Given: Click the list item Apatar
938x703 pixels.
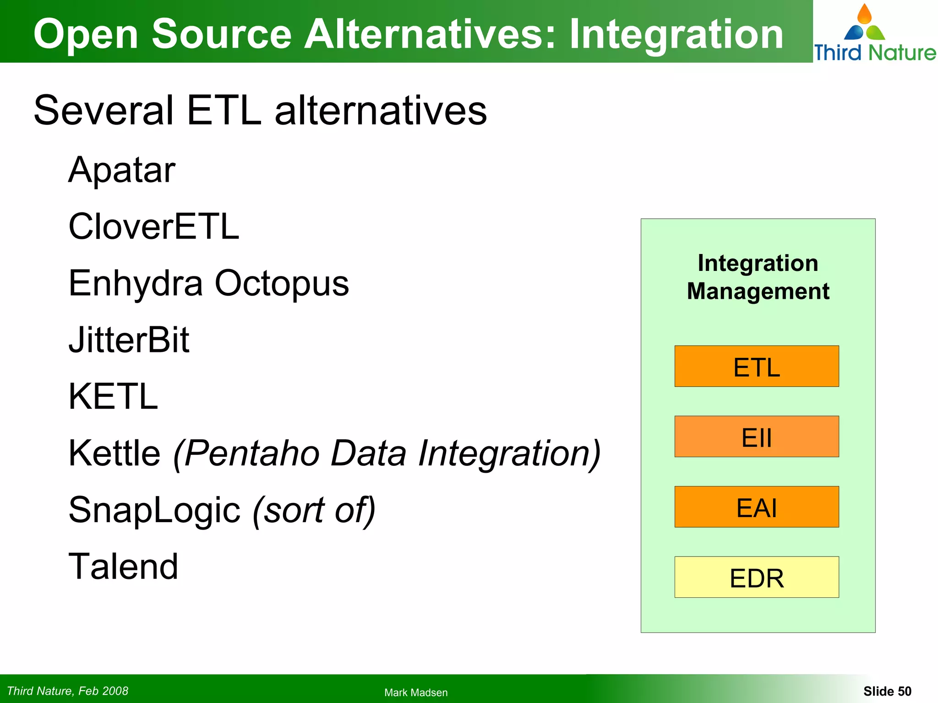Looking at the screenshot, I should pyautogui.click(x=122, y=170).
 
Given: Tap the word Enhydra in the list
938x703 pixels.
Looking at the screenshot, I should pyautogui.click(x=136, y=283).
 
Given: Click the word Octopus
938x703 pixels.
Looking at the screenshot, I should pyautogui.click(x=282, y=283).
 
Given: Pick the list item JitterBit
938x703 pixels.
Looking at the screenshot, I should pyautogui.click(x=129, y=340).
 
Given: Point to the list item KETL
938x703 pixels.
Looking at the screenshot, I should pyautogui.click(x=113, y=396).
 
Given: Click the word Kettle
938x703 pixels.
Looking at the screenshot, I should pyautogui.click(x=115, y=453).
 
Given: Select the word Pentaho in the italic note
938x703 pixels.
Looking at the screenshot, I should pyautogui.click(x=252, y=454).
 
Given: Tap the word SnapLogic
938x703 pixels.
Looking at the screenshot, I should pyautogui.click(x=154, y=510).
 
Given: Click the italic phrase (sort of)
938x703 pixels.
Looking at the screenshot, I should pyautogui.click(x=314, y=510).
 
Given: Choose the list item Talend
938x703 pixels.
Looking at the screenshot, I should pyautogui.click(x=123, y=567).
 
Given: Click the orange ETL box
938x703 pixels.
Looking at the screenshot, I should pyautogui.click(x=757, y=367).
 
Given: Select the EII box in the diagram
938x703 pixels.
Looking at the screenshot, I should pyautogui.click(x=757, y=437).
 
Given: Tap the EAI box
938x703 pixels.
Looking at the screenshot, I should pyautogui.click(x=757, y=507).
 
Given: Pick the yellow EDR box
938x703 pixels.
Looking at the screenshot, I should pyautogui.click(x=757, y=577).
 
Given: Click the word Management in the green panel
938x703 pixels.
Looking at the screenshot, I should pyautogui.click(x=758, y=292).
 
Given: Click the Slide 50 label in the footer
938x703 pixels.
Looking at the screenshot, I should pyautogui.click(x=887, y=691).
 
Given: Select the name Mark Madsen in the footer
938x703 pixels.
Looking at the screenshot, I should pyautogui.click(x=416, y=692).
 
